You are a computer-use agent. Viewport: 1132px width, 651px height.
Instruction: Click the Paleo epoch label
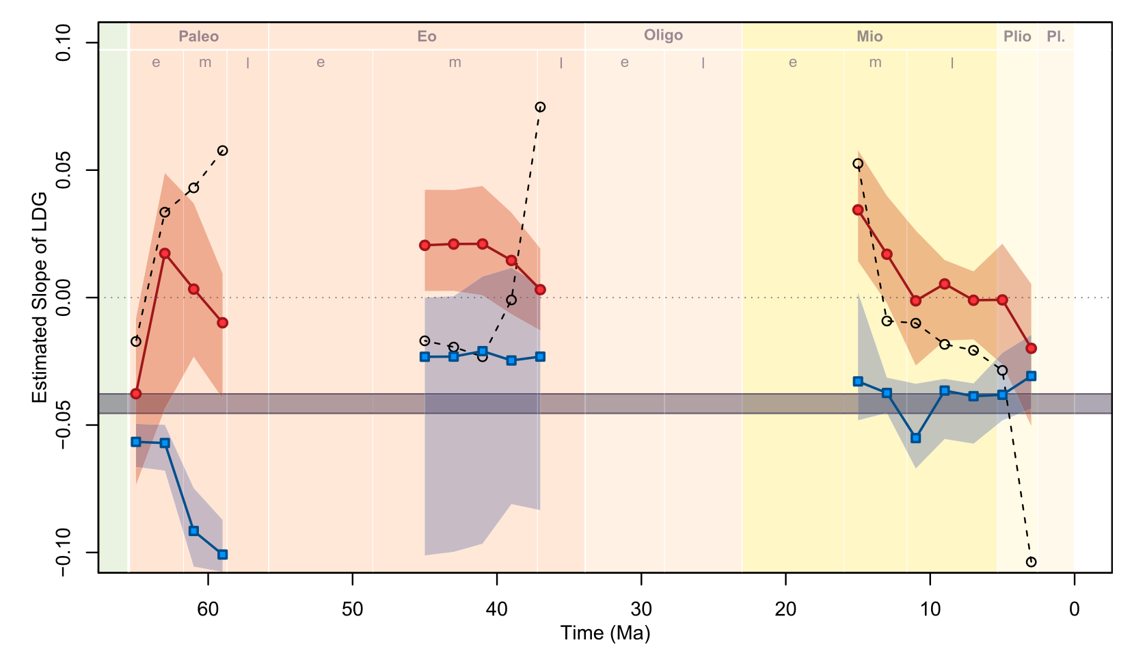click(x=198, y=36)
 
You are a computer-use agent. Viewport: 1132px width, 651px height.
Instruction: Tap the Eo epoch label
click(x=427, y=36)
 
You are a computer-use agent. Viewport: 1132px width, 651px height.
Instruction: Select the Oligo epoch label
click(x=663, y=35)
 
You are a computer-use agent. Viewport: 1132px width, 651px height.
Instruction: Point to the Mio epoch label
click(x=870, y=36)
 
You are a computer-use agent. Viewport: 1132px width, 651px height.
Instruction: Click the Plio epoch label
click(x=1017, y=36)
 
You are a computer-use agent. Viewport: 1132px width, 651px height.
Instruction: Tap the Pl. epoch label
click(x=1055, y=36)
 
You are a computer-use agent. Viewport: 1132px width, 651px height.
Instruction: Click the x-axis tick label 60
click(x=208, y=609)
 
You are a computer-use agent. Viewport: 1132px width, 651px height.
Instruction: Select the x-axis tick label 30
click(x=641, y=609)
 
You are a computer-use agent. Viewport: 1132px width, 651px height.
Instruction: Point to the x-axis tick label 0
click(x=1075, y=609)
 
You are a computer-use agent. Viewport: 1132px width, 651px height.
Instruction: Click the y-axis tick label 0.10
click(x=64, y=42)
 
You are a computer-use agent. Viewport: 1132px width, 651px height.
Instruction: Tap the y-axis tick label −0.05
click(x=64, y=425)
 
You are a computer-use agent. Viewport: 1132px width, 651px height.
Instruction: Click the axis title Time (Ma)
click(x=605, y=633)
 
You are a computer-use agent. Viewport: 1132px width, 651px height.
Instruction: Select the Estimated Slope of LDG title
click(x=40, y=297)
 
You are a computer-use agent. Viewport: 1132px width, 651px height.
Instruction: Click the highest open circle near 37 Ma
click(x=540, y=107)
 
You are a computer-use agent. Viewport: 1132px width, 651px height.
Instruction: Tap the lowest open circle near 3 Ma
click(x=1032, y=562)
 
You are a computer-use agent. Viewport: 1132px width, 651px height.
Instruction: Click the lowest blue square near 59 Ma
click(x=222, y=555)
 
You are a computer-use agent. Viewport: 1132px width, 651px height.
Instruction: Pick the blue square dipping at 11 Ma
click(x=916, y=438)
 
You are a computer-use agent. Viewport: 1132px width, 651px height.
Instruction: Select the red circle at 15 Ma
click(x=858, y=210)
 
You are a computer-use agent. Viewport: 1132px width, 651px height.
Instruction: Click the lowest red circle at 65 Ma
click(x=136, y=394)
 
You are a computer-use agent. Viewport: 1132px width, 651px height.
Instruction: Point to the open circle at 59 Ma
click(x=222, y=150)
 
